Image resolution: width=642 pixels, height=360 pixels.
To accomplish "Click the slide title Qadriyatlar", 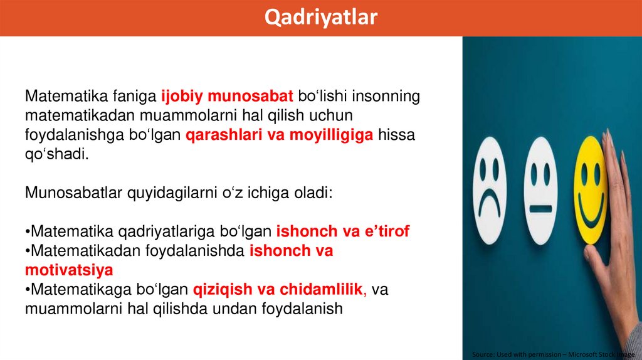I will tap(320, 17).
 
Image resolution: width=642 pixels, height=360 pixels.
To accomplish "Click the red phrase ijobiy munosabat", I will tap(227, 97).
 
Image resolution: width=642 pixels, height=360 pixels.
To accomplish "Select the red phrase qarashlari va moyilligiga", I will tap(280, 135).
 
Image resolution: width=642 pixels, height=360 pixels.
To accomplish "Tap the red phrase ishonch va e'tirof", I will tap(343, 231).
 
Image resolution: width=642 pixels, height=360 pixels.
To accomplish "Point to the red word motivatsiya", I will tap(69, 270).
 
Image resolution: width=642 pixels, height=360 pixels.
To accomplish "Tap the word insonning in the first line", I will tap(386, 97).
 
